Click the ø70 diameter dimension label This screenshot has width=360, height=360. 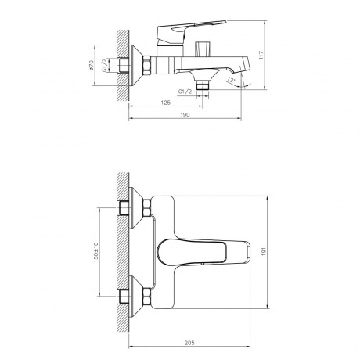93,67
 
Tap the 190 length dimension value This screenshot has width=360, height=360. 185,114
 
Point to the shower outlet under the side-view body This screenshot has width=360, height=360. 205,82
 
